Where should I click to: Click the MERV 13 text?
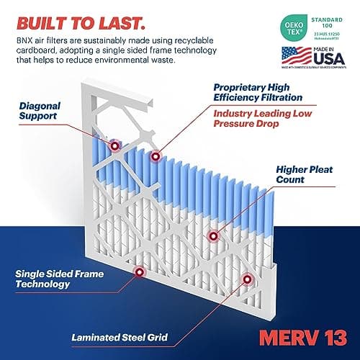tap(310, 336)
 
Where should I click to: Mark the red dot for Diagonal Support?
tap(116, 146)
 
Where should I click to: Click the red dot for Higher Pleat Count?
tap(212, 235)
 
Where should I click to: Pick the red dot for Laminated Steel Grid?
tap(246, 277)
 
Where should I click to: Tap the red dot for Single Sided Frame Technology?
tap(139, 271)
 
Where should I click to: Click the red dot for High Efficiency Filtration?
tap(153, 156)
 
